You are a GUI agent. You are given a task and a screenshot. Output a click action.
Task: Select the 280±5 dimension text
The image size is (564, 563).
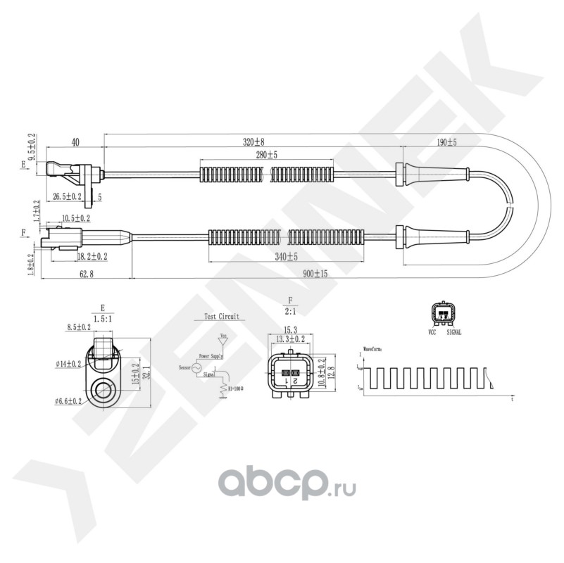click(x=266, y=154)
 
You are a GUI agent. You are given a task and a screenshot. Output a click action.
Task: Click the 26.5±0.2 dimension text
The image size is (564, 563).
click(x=68, y=197)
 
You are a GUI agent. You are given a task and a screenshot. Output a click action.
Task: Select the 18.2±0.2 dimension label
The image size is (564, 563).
click(x=93, y=256)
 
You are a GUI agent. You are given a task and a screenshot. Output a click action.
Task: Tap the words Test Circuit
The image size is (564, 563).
click(x=220, y=317)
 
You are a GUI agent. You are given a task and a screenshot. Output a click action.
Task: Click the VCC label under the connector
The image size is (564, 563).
click(x=433, y=332)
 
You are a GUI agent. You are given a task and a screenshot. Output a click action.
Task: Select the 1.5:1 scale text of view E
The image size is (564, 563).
click(x=103, y=317)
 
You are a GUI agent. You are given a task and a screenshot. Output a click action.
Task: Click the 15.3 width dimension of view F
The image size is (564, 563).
click(x=290, y=329)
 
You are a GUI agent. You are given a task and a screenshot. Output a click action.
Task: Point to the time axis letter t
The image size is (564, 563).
click(x=511, y=399)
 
